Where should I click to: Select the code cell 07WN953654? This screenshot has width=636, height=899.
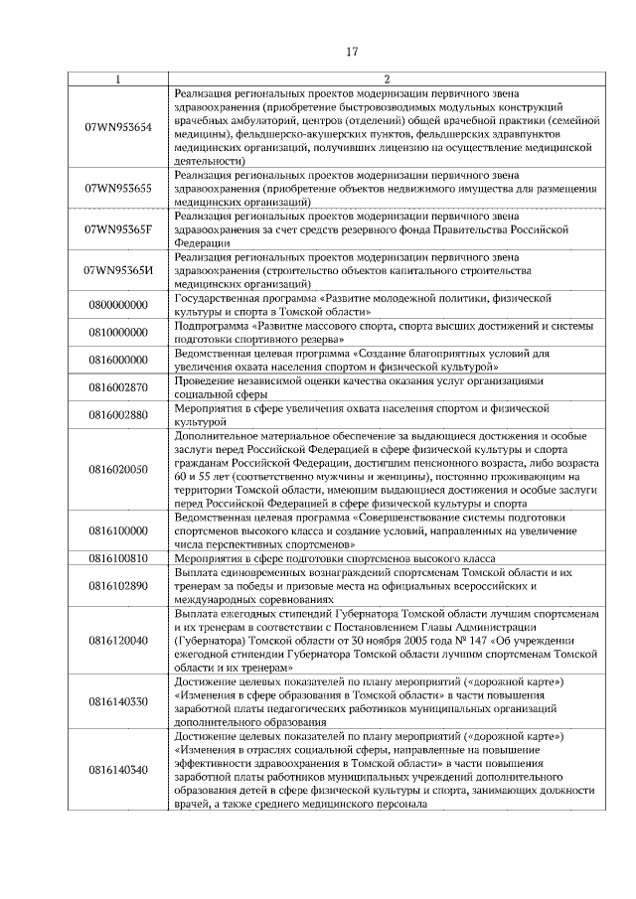tap(118, 127)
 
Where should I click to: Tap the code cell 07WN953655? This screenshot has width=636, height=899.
tap(118, 188)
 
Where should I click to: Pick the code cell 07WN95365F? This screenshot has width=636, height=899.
tap(118, 228)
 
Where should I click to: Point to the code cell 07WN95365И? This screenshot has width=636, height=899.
tap(118, 269)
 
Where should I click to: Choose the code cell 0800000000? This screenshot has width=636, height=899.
tap(118, 304)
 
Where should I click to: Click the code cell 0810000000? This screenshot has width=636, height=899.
tap(118, 332)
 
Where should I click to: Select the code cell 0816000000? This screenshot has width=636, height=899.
tap(118, 360)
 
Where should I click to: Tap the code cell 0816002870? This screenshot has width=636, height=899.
tap(118, 386)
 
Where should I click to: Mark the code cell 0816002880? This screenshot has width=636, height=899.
tap(118, 414)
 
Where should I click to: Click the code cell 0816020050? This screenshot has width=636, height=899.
tap(118, 469)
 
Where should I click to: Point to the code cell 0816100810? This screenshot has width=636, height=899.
tap(118, 558)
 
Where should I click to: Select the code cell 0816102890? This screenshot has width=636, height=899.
tap(118, 586)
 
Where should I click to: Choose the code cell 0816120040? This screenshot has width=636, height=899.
tap(118, 641)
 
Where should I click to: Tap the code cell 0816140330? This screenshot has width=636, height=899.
tap(118, 702)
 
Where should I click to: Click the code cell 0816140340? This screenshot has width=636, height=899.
tap(118, 770)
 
